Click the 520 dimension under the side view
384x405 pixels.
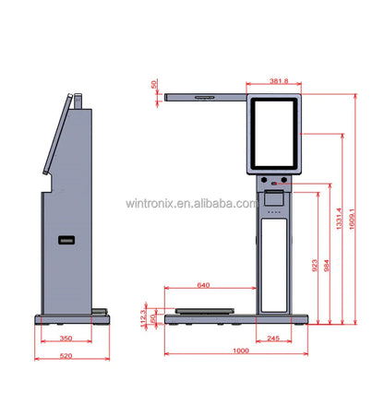(66, 355)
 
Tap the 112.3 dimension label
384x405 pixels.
(142, 317)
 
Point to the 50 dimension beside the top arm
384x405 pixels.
(153, 84)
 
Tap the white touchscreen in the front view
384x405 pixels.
(275, 132)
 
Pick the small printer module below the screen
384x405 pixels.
(274, 197)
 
